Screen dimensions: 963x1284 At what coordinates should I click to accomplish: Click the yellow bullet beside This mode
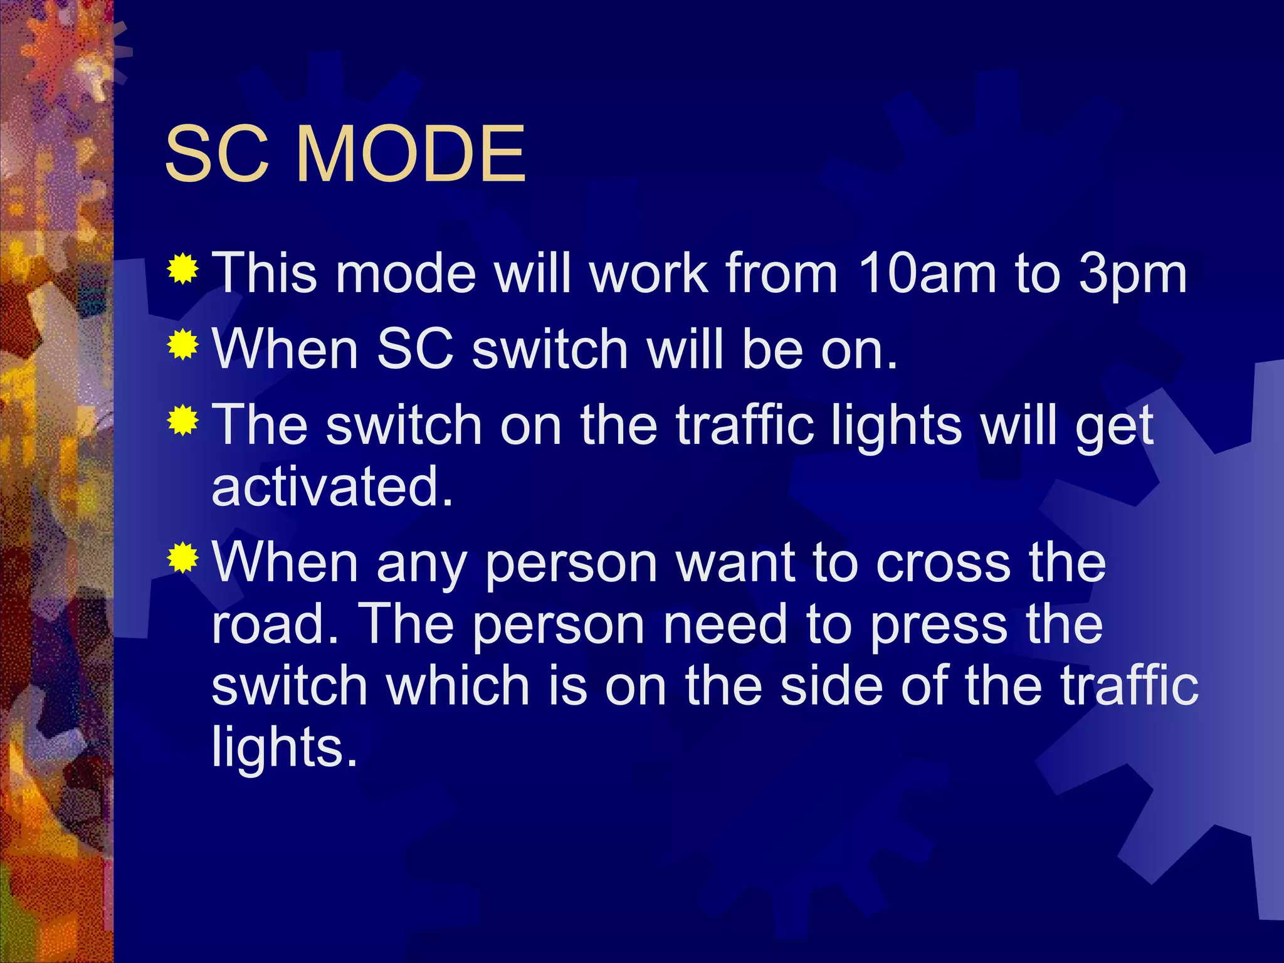click(183, 270)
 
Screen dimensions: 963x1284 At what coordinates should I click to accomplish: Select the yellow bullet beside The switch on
click(183, 421)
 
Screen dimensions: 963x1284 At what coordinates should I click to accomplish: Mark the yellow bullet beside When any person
click(183, 558)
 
